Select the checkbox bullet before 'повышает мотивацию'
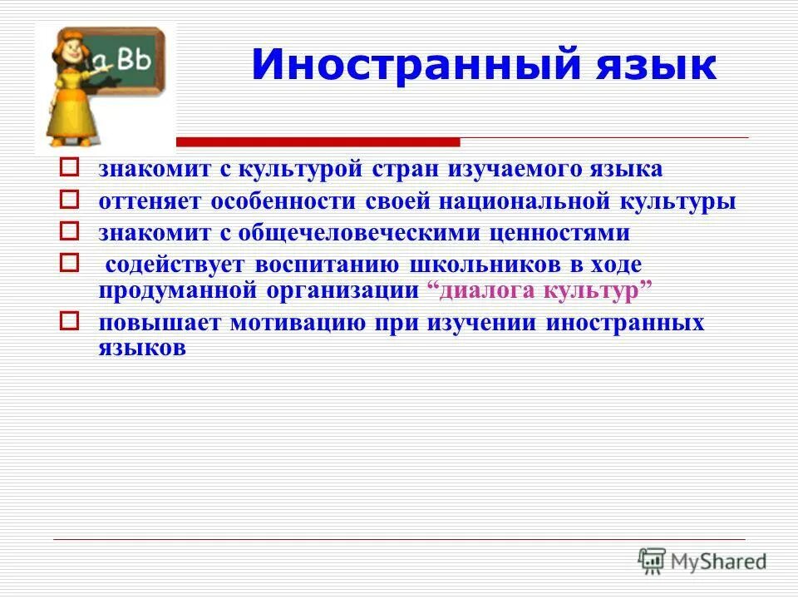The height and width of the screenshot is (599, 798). tap(70, 320)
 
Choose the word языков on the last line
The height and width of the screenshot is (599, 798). tap(142, 349)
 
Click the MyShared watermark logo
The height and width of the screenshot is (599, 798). tap(702, 561)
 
